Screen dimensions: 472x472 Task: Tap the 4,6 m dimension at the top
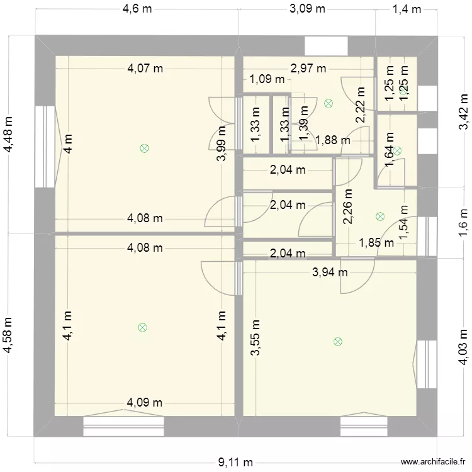click(137, 9)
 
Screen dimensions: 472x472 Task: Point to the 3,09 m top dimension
click(307, 9)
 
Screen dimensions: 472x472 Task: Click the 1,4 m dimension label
click(406, 9)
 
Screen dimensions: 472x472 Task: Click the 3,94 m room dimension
click(330, 273)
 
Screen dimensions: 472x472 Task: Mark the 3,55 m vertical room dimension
click(255, 338)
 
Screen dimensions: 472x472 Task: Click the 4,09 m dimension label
click(145, 403)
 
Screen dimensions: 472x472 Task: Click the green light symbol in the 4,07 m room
click(144, 149)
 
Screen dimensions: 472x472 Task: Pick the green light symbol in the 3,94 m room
click(338, 342)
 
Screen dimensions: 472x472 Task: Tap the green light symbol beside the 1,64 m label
click(396, 150)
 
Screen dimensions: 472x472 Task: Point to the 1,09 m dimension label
click(267, 79)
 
